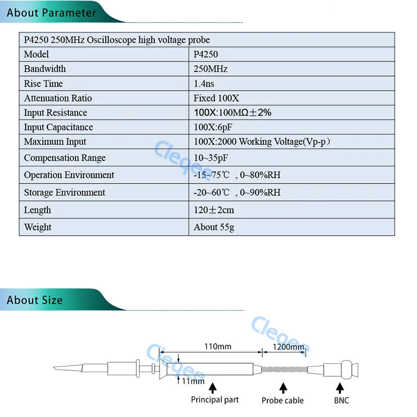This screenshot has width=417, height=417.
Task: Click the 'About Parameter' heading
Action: pyautogui.click(x=52, y=13)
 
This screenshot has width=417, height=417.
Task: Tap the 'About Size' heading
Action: pyautogui.click(x=34, y=300)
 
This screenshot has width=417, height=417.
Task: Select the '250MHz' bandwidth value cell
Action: pyautogui.click(x=211, y=69)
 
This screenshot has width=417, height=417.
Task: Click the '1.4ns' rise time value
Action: pyautogui.click(x=204, y=83)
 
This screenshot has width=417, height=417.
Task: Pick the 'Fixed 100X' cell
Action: pyautogui.click(x=216, y=98)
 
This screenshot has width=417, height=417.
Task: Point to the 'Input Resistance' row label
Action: pyautogui.click(x=55, y=113)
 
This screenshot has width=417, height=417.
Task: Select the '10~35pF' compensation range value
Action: pyautogui.click(x=211, y=158)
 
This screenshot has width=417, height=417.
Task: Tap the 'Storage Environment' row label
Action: pyautogui.click(x=65, y=192)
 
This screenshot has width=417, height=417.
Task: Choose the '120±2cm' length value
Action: pyautogui.click(x=214, y=210)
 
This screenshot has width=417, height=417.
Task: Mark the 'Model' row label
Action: pyautogui.click(x=36, y=54)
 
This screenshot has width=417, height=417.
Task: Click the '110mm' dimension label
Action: pyautogui.click(x=217, y=346)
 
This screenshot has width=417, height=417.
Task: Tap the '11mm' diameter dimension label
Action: pyautogui.click(x=193, y=381)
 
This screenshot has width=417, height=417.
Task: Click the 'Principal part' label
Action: pyautogui.click(x=215, y=400)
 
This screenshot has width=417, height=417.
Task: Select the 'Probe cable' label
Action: pyautogui.click(x=283, y=400)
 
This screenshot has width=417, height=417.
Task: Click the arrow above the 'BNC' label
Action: pyautogui.click(x=341, y=387)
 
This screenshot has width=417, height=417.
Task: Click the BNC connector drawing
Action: pyautogui.click(x=342, y=370)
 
